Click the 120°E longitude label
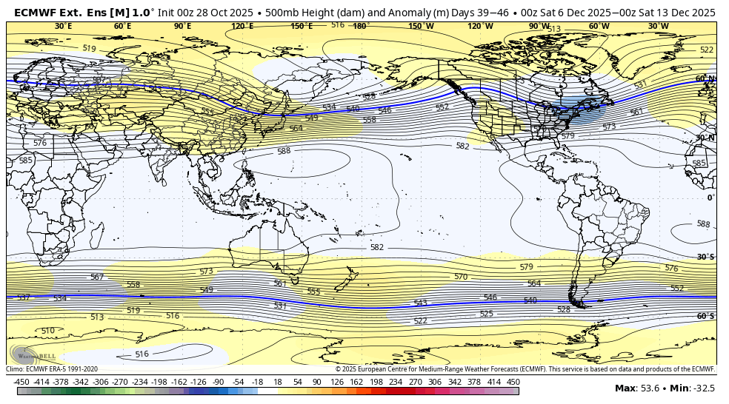242,26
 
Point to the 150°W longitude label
421,26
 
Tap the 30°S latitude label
705,257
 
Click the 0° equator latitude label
710,198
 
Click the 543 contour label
421,303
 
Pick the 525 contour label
487,314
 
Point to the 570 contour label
461,277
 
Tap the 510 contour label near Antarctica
48,331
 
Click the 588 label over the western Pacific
284,151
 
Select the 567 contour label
97,277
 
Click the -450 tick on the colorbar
22,382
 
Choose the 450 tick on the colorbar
513,382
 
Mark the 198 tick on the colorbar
376,382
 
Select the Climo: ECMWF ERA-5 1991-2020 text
52,368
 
